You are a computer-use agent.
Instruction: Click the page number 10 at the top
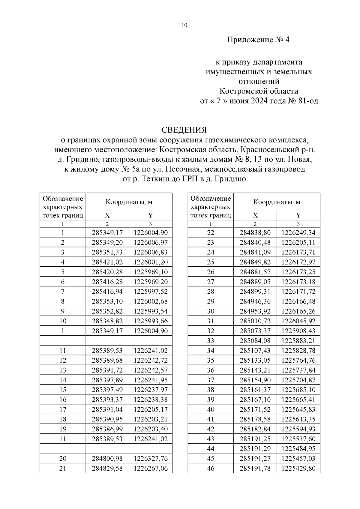click(184, 25)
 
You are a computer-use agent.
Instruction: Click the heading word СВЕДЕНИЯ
click(184, 130)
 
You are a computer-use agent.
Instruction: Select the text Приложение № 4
click(258, 40)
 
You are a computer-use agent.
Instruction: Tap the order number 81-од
click(308, 101)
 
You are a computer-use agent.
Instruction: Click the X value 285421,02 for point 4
click(107, 262)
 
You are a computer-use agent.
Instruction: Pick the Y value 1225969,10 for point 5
click(151, 272)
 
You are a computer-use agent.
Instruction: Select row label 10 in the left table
click(63, 321)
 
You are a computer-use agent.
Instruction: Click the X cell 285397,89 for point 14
click(107, 380)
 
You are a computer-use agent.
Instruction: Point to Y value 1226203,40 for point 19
click(151, 429)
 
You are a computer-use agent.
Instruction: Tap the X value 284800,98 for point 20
click(107, 459)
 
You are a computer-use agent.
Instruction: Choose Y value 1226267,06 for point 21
click(151, 468)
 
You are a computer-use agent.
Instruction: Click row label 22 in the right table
click(211, 233)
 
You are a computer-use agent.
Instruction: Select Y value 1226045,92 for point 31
click(298, 321)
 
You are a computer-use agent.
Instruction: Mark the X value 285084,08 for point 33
click(255, 341)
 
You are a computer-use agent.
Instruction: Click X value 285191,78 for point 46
click(255, 468)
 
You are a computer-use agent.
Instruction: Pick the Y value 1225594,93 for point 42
click(298, 429)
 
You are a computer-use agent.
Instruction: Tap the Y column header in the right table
click(298, 215)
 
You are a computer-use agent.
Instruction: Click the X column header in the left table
click(107, 215)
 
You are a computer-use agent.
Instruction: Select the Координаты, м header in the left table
click(129, 202)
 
